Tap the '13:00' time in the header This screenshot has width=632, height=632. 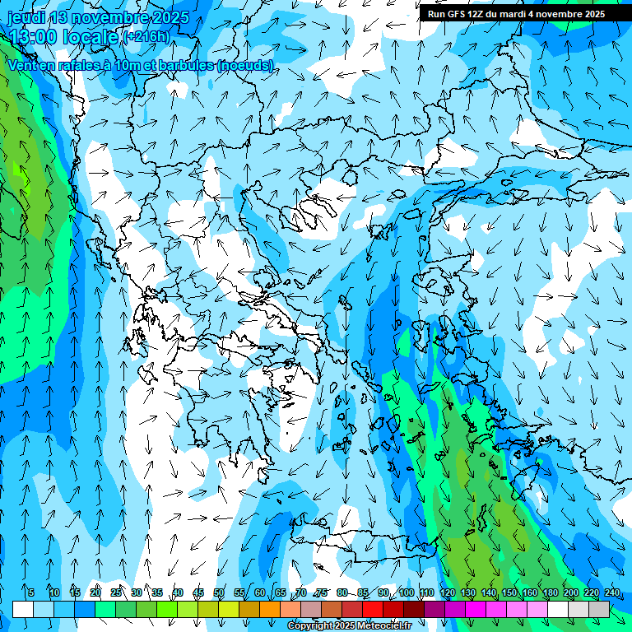pyautogui.click(x=34, y=37)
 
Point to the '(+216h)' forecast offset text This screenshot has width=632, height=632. pyautogui.click(x=146, y=36)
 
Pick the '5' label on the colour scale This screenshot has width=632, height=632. pyautogui.click(x=31, y=592)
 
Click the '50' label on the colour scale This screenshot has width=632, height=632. pyautogui.click(x=219, y=592)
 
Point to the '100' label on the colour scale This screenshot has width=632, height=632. pyautogui.click(x=406, y=592)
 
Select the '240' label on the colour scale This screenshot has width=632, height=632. pyautogui.click(x=611, y=592)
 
